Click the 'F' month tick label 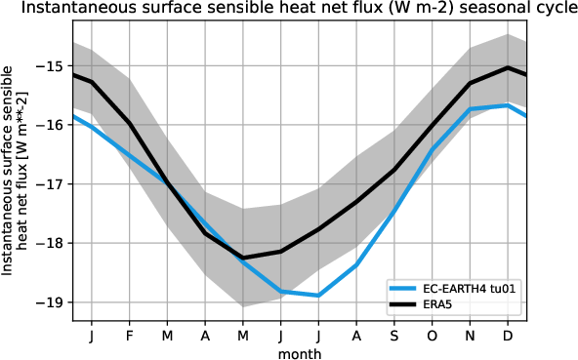click(x=129, y=334)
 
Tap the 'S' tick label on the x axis click(x=393, y=334)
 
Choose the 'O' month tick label click(x=432, y=334)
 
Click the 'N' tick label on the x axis click(x=470, y=334)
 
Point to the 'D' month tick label click(x=508, y=334)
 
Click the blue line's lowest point click(x=318, y=295)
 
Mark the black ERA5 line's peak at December click(x=508, y=67)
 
